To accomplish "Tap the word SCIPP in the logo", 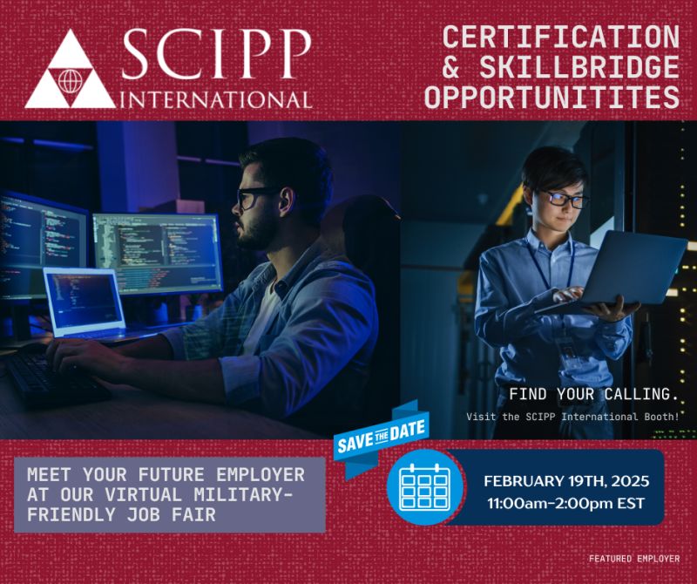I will (216, 54).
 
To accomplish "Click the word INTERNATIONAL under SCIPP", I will (218, 98).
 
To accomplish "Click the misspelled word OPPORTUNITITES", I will (552, 97).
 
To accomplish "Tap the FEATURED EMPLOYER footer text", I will (633, 558).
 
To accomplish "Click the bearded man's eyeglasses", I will (257, 197).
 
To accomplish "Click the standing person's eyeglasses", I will (567, 200).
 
